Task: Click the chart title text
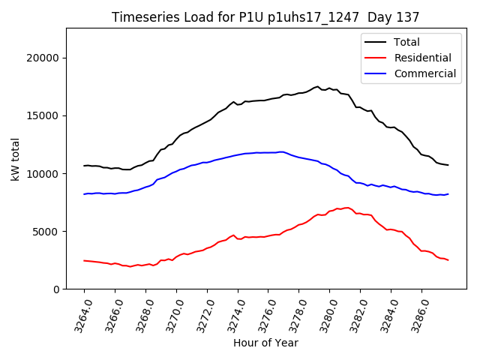pyautogui.click(x=265, y=17)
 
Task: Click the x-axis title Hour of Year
pyautogui.click(x=265, y=343)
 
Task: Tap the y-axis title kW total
pyautogui.click(x=15, y=158)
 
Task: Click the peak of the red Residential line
pyautogui.click(x=346, y=208)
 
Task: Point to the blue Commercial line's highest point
pyautogui.click(x=281, y=151)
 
